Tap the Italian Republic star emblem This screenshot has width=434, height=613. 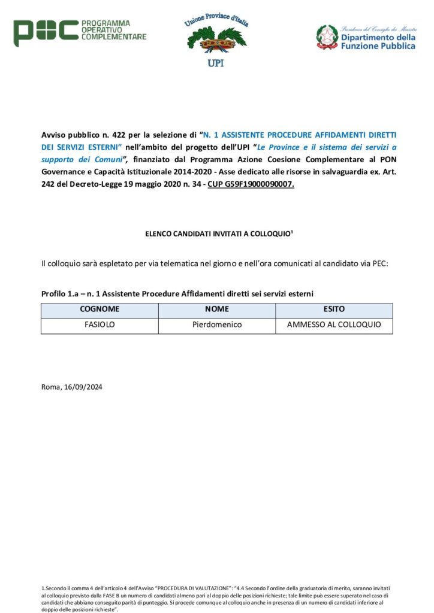[327, 37]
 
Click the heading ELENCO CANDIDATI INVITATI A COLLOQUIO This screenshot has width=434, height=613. [216, 233]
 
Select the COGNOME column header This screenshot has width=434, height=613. [100, 309]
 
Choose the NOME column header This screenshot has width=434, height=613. [217, 309]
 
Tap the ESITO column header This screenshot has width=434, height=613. [334, 309]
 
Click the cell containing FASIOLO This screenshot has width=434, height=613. [100, 325]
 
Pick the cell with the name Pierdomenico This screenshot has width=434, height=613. [217, 325]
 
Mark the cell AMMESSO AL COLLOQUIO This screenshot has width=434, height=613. [334, 325]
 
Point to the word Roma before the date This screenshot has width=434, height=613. [50, 387]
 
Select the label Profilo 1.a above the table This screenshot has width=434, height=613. [59, 293]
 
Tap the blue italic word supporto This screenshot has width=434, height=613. [60, 160]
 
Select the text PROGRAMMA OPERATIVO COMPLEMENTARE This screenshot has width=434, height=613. [113, 29]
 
